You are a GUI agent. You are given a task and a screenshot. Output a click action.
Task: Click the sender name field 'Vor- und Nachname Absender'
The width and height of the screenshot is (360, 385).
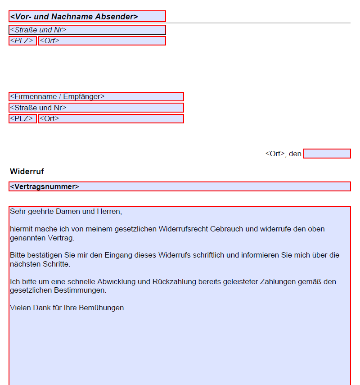pyautogui.click(x=87, y=17)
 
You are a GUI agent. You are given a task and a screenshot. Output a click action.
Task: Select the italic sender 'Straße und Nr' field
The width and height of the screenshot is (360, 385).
pyautogui.click(x=87, y=30)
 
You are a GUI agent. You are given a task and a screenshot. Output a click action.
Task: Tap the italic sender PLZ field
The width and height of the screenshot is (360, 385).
pyautogui.click(x=22, y=41)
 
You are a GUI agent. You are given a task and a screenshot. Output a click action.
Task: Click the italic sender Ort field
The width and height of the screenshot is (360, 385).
pyautogui.click(x=102, y=41)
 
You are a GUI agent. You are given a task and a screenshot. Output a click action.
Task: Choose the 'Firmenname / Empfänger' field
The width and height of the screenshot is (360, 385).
pyautogui.click(x=96, y=96)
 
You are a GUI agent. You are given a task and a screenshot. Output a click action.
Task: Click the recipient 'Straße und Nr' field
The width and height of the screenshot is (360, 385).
pyautogui.click(x=96, y=108)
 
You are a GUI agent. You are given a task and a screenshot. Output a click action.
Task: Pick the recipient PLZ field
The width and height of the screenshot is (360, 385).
pyautogui.click(x=22, y=118)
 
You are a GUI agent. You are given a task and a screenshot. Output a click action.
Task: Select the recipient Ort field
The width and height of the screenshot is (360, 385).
pyautogui.click(x=111, y=118)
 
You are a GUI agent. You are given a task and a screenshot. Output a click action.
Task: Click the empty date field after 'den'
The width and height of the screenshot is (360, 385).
pyautogui.click(x=327, y=154)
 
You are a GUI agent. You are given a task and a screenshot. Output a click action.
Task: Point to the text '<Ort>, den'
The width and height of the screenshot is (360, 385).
pyautogui.click(x=283, y=154)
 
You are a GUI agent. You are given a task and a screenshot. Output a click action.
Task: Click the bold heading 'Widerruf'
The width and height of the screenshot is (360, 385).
pyautogui.click(x=27, y=172)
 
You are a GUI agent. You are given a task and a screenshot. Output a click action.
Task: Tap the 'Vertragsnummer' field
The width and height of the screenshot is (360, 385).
pyautogui.click(x=180, y=186)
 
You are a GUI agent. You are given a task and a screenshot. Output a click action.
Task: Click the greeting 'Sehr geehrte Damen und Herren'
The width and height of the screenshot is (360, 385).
pyautogui.click(x=66, y=211)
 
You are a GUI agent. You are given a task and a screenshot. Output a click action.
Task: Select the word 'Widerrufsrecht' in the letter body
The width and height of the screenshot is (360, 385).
pyautogui.click(x=183, y=229)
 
